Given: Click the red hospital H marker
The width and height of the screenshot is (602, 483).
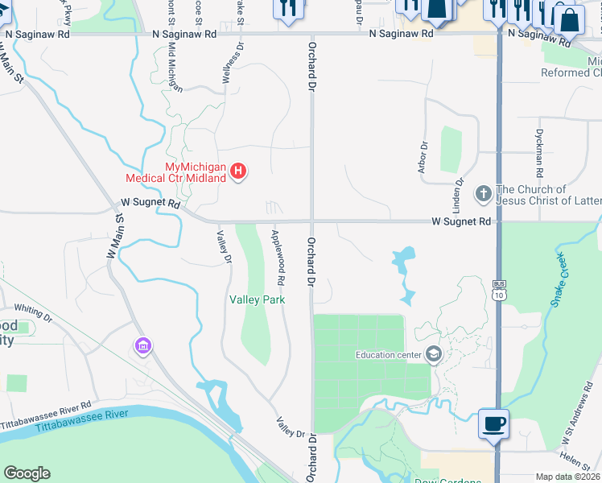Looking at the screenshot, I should [238, 171].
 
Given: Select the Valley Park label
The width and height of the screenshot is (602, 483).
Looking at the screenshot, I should [258, 299].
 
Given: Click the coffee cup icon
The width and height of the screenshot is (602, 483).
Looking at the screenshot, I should [493, 423].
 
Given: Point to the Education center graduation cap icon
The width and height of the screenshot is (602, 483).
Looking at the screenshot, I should [435, 355].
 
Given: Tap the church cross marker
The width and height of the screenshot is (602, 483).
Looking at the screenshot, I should [483, 194].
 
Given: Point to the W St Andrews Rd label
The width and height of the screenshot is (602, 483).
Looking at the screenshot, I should [578, 419].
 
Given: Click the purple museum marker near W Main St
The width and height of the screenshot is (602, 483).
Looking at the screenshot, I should [142, 347].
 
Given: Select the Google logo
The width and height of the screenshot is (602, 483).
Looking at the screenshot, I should [27, 473].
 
